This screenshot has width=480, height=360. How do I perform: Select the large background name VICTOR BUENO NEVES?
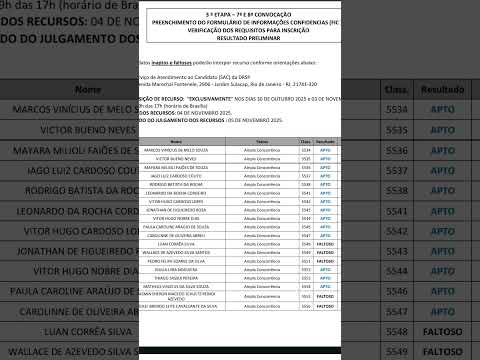(x=60, y=130)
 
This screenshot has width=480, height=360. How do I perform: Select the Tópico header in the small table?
(x=262, y=142)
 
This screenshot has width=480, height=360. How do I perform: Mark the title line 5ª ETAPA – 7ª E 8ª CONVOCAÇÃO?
(x=244, y=14)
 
